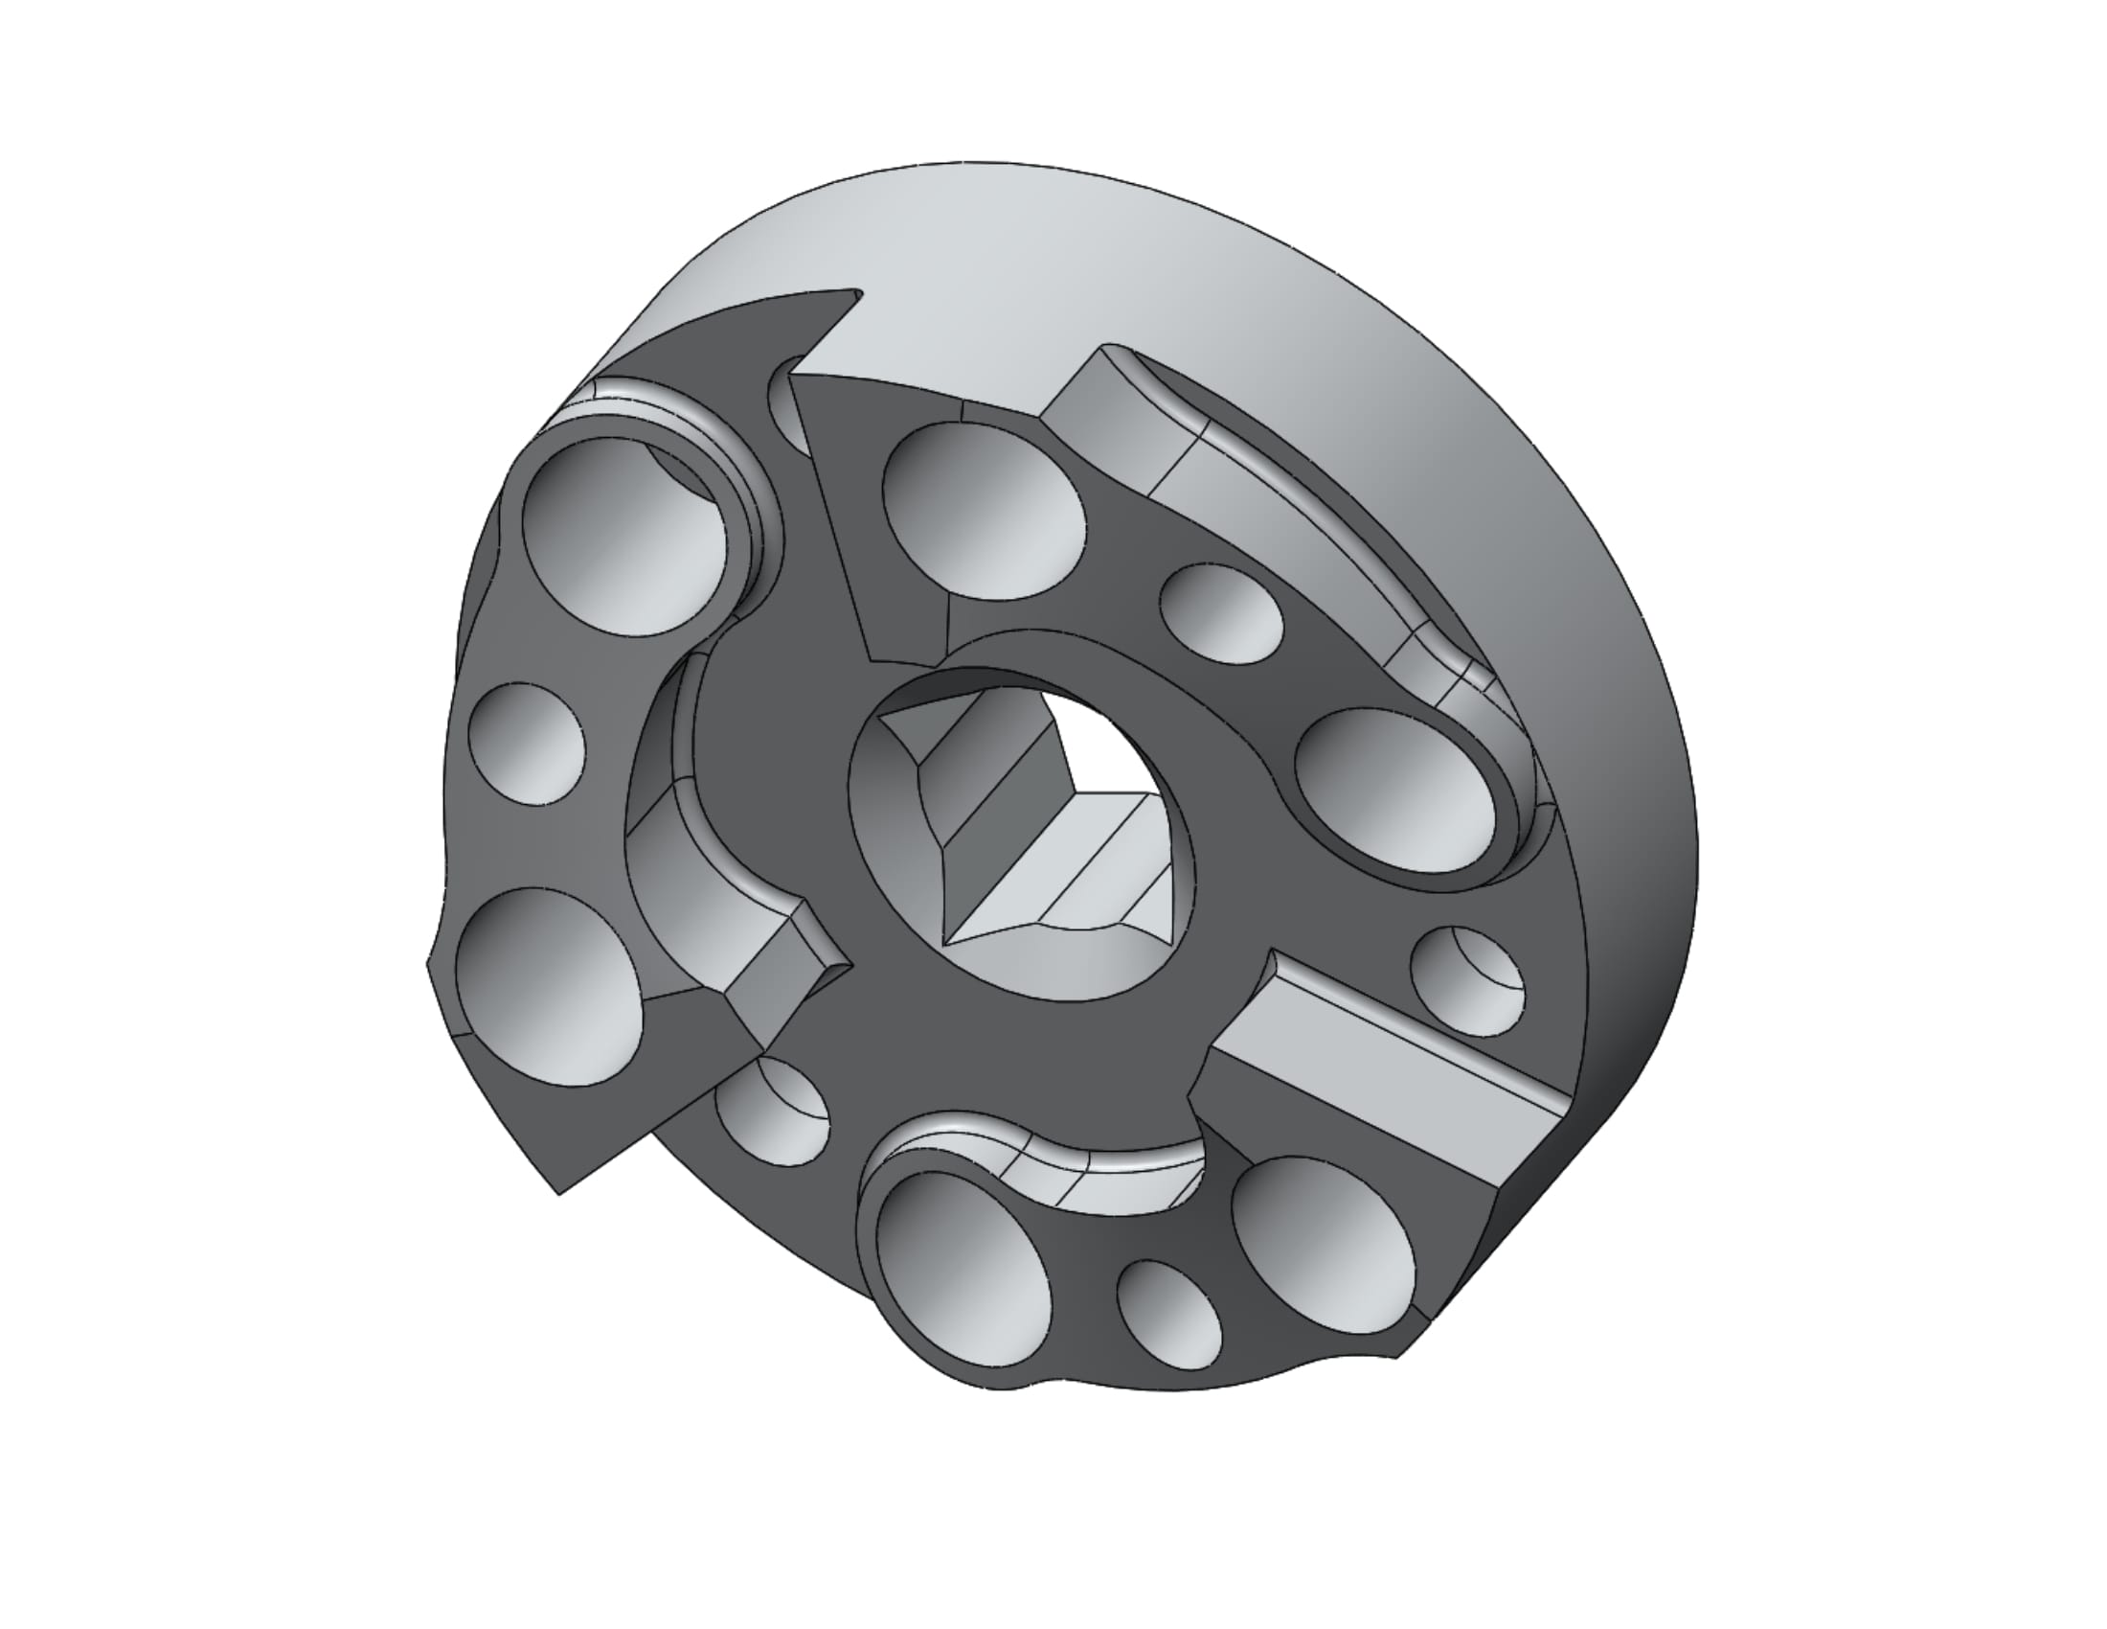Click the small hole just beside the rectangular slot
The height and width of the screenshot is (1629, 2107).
click(x=1466, y=979)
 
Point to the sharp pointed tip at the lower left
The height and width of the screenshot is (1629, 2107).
click(x=558, y=1193)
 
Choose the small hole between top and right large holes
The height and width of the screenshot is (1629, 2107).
click(x=1220, y=614)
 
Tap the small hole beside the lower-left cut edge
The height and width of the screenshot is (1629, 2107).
click(x=772, y=1110)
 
